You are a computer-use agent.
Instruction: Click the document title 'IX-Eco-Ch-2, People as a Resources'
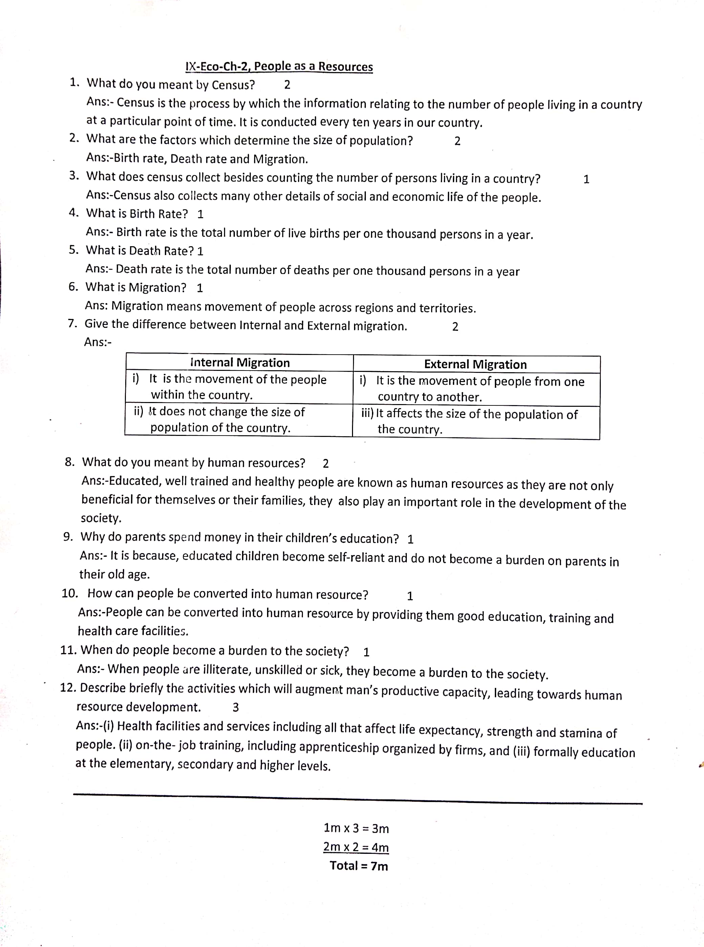279,66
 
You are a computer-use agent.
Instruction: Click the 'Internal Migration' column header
240,363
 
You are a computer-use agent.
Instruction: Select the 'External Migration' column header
475,364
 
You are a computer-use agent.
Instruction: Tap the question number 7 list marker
72,323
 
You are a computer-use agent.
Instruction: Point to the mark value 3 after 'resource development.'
236,708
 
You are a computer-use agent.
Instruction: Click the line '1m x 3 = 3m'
356,828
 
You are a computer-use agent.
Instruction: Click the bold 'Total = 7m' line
359,866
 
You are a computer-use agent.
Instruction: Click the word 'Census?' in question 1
233,85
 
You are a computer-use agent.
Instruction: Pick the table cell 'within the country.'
202,395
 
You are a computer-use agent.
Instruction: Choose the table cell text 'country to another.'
430,397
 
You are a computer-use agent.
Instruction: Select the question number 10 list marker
69,593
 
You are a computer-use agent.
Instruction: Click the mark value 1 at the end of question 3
586,180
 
